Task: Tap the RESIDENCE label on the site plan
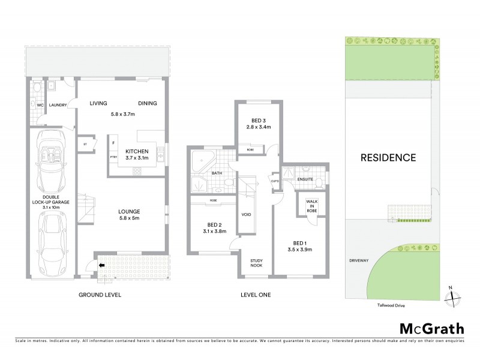tap(388, 158)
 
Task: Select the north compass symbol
tap(454, 296)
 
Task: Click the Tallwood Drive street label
tap(386, 304)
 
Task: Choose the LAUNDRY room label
tap(58, 104)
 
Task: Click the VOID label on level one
tap(246, 214)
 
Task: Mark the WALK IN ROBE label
tap(313, 206)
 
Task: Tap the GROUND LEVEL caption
tap(100, 295)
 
